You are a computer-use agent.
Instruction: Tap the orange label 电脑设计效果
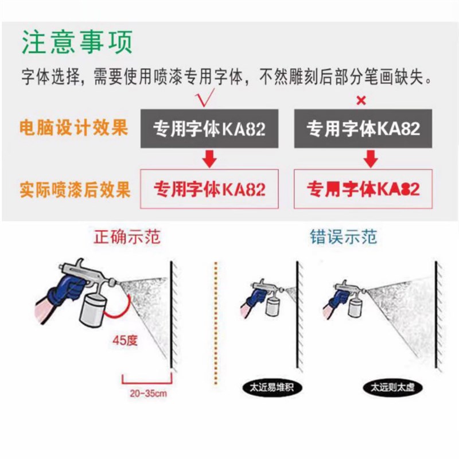tap(73, 127)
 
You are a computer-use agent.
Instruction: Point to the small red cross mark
tap(361, 101)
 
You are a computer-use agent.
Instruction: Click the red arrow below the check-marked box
tap(210, 159)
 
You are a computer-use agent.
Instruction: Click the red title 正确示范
tap(127, 237)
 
